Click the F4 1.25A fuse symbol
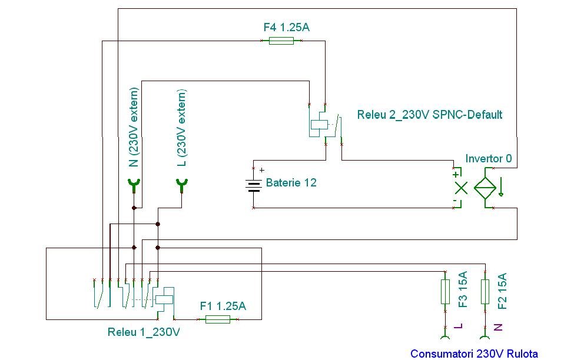[x=281, y=41]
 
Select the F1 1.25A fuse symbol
[x=218, y=319]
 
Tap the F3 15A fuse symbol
[x=445, y=292]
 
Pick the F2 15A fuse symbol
[x=485, y=292]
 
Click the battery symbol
[x=254, y=185]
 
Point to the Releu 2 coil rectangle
[x=320, y=125]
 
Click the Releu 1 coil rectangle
[x=164, y=299]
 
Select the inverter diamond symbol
[x=485, y=188]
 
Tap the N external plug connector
[x=134, y=185]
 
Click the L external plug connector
[x=182, y=185]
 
